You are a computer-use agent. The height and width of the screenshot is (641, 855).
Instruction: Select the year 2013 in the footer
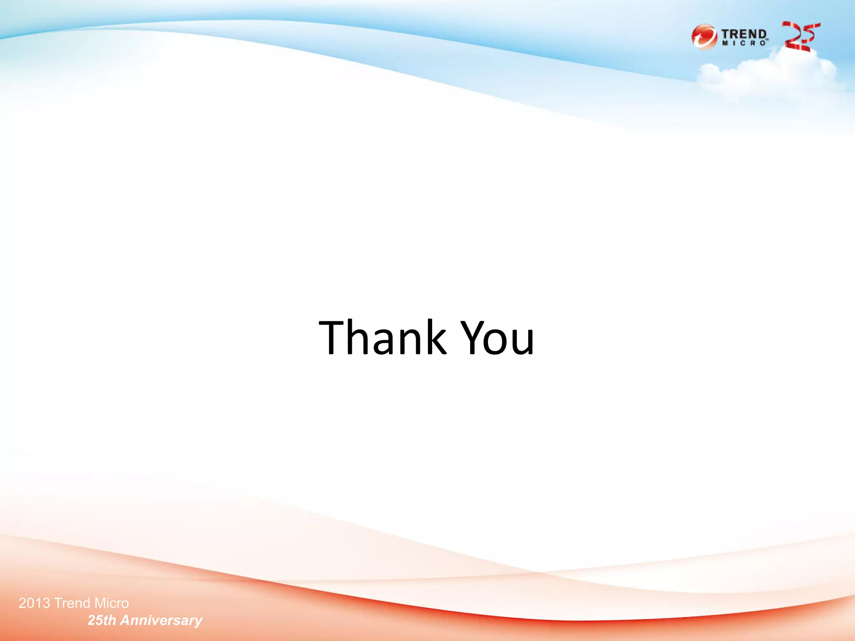pyautogui.click(x=34, y=603)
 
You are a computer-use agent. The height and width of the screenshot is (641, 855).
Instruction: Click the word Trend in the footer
pyautogui.click(x=72, y=603)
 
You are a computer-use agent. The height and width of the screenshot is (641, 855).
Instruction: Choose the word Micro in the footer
pyautogui.click(x=111, y=603)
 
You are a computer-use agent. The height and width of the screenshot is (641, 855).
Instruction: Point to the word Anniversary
pyautogui.click(x=161, y=621)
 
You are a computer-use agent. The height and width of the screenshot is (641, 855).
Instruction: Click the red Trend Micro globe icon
pyautogui.click(x=704, y=37)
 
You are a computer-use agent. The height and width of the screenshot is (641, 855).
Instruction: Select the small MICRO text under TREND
pyautogui.click(x=744, y=43)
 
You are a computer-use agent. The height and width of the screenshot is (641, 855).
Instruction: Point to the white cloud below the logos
pyautogui.click(x=768, y=75)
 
